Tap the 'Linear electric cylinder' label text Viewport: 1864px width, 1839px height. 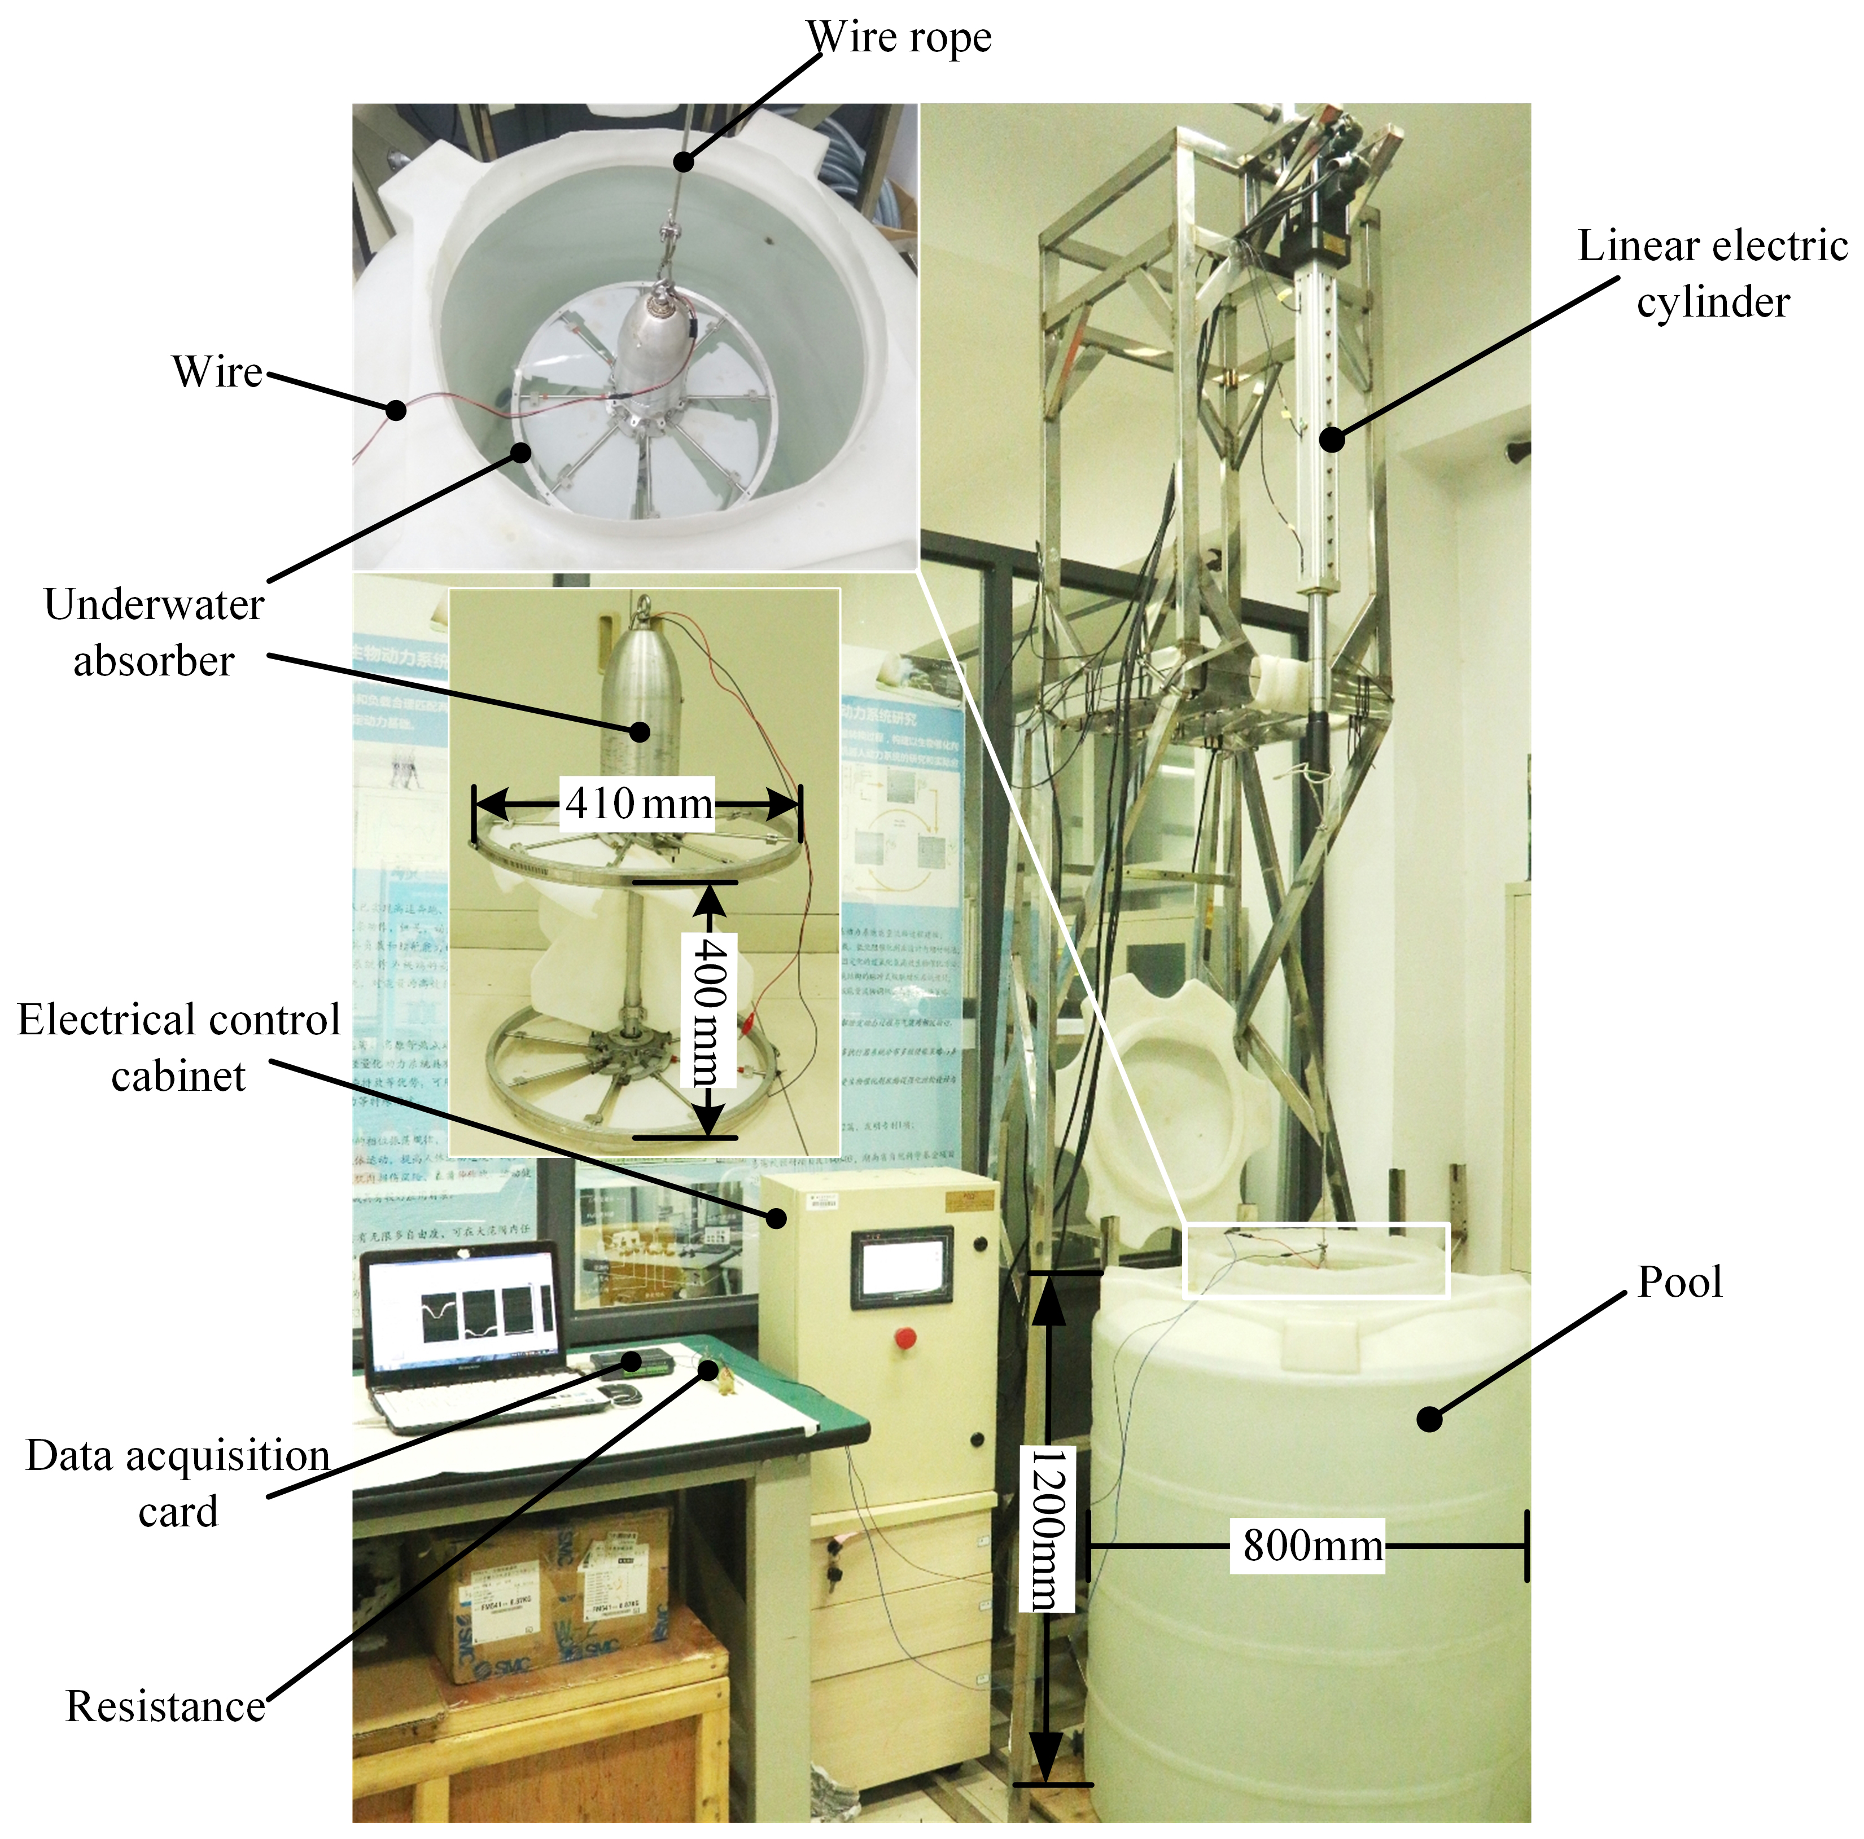(1712, 274)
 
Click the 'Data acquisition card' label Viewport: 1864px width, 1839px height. (177, 1482)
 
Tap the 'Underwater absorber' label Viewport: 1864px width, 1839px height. (154, 633)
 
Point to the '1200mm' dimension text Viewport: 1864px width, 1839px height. (1047, 1529)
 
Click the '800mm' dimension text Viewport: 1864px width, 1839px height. (1312, 1546)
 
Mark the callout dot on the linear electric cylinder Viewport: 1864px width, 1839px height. (1332, 440)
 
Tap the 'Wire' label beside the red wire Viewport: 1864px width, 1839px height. (217, 372)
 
